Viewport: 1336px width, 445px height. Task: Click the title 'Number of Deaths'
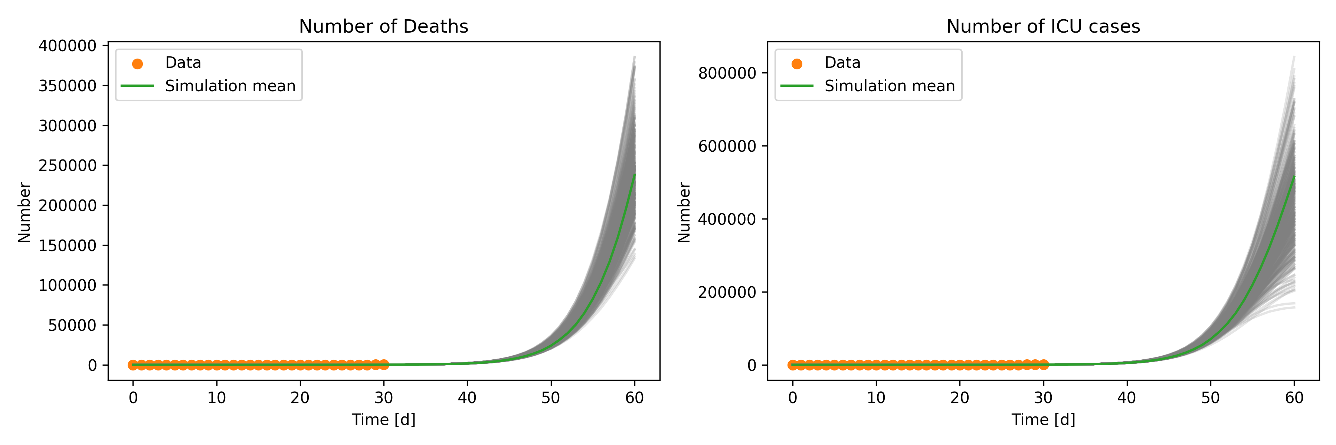pos(383,26)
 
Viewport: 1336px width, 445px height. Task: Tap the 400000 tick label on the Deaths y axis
pos(68,46)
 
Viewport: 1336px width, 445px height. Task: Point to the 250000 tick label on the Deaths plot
pos(68,166)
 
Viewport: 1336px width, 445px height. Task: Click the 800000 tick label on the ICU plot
pos(727,73)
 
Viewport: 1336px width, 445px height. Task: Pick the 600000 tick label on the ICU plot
pos(727,146)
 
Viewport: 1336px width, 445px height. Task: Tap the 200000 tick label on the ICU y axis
pos(727,293)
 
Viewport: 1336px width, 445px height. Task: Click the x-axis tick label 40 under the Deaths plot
pos(467,398)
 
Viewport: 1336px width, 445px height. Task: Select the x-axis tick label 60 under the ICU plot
pos(1294,398)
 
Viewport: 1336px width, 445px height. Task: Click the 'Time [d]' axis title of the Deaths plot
pos(383,420)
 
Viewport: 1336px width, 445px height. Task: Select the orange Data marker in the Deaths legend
pos(137,64)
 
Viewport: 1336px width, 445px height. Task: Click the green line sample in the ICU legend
pos(797,86)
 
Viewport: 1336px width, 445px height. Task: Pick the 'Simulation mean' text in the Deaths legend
pos(230,86)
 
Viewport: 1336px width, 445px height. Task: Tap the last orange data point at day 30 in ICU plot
pos(1044,365)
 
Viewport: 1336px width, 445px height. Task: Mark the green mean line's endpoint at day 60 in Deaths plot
pos(634,175)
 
